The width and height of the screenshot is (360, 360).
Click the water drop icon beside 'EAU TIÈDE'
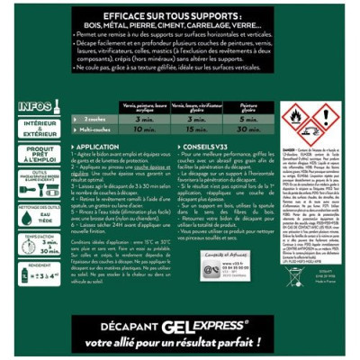25,212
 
